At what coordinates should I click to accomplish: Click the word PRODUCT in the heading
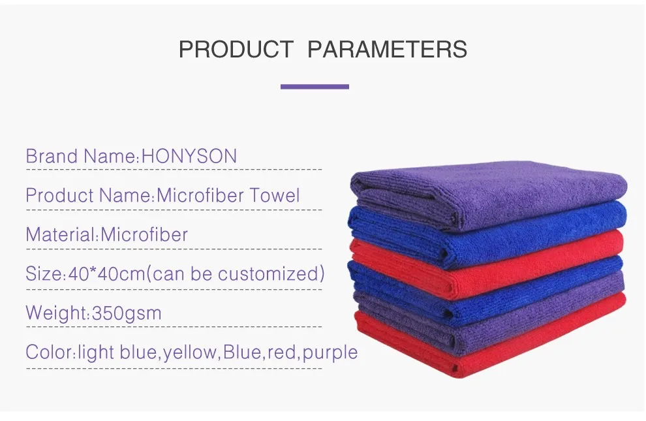(x=236, y=49)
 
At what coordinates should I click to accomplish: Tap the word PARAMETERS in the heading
(x=387, y=49)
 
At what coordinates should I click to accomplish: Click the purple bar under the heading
(x=315, y=87)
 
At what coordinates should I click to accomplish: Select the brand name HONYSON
(x=189, y=156)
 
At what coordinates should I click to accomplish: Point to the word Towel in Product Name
(x=275, y=195)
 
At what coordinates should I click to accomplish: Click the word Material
(x=61, y=234)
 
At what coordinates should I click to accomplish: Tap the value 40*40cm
(x=107, y=273)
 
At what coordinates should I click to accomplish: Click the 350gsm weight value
(x=127, y=313)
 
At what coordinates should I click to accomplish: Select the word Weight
(x=56, y=313)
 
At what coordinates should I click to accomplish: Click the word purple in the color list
(x=330, y=352)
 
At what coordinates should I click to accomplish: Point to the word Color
(x=49, y=352)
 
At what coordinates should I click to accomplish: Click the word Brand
(x=52, y=156)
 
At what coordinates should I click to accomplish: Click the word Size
(x=43, y=273)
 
